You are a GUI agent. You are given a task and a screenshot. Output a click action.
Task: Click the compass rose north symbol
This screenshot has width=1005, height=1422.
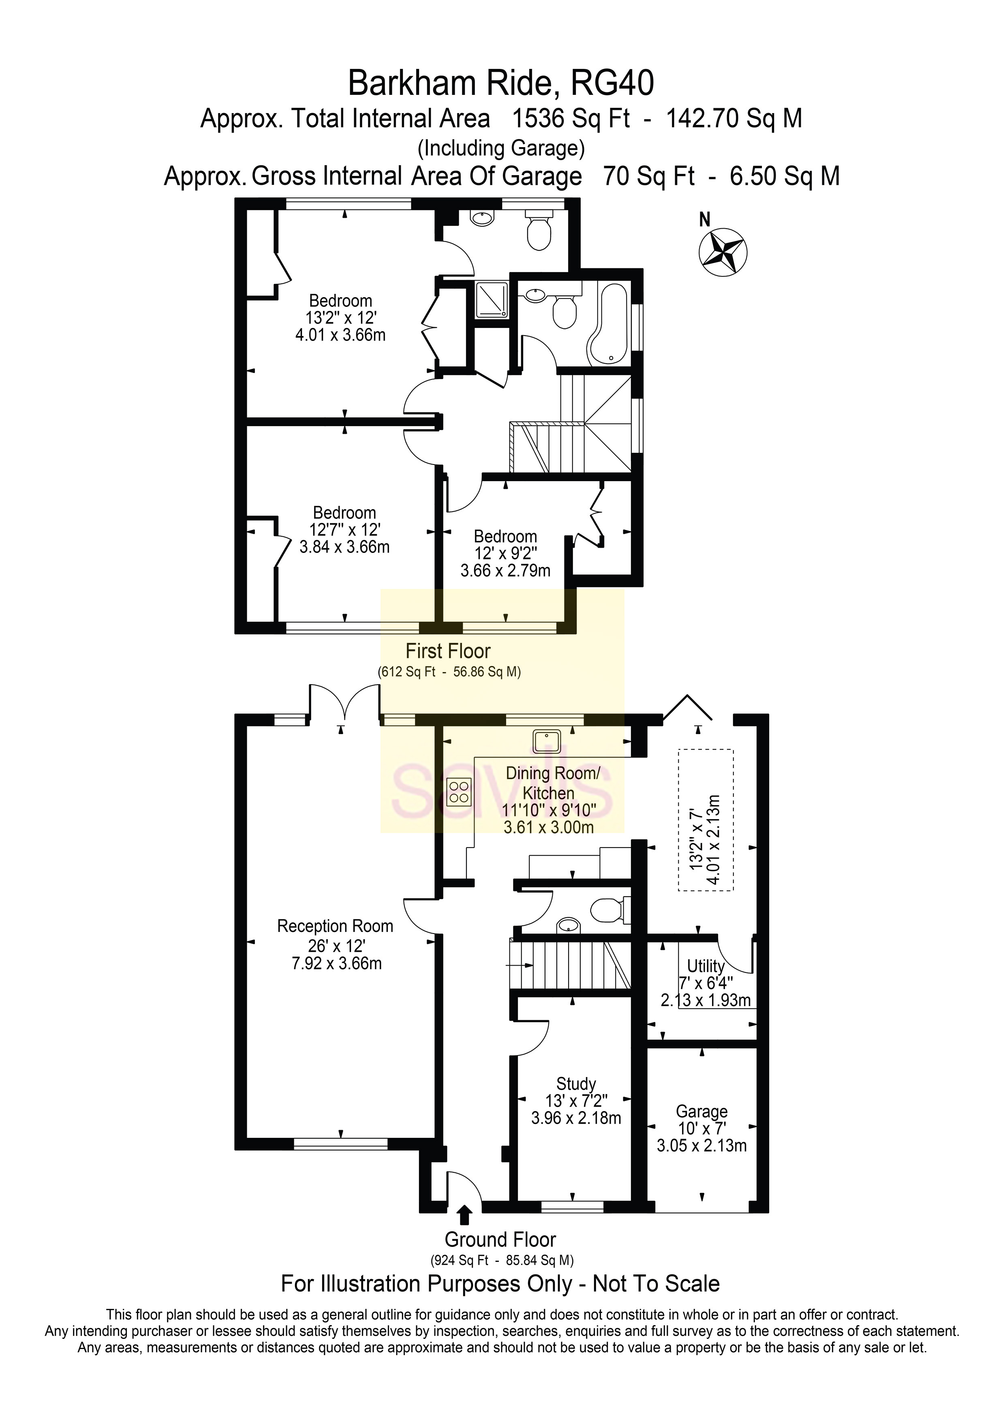coord(723,252)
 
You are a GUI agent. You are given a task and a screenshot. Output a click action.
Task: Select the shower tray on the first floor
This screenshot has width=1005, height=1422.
coord(491,300)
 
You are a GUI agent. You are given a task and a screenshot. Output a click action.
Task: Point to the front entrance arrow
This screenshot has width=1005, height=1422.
coord(464,1214)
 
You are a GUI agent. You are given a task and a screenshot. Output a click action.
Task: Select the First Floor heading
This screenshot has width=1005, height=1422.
coord(448,651)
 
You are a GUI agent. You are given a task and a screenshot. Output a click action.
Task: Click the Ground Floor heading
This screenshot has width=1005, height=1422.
coord(500,1239)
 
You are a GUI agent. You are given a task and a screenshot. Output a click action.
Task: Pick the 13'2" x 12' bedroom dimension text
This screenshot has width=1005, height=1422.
coord(340,318)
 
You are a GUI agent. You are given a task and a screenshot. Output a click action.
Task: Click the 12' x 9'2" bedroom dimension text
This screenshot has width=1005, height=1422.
coord(505,553)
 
